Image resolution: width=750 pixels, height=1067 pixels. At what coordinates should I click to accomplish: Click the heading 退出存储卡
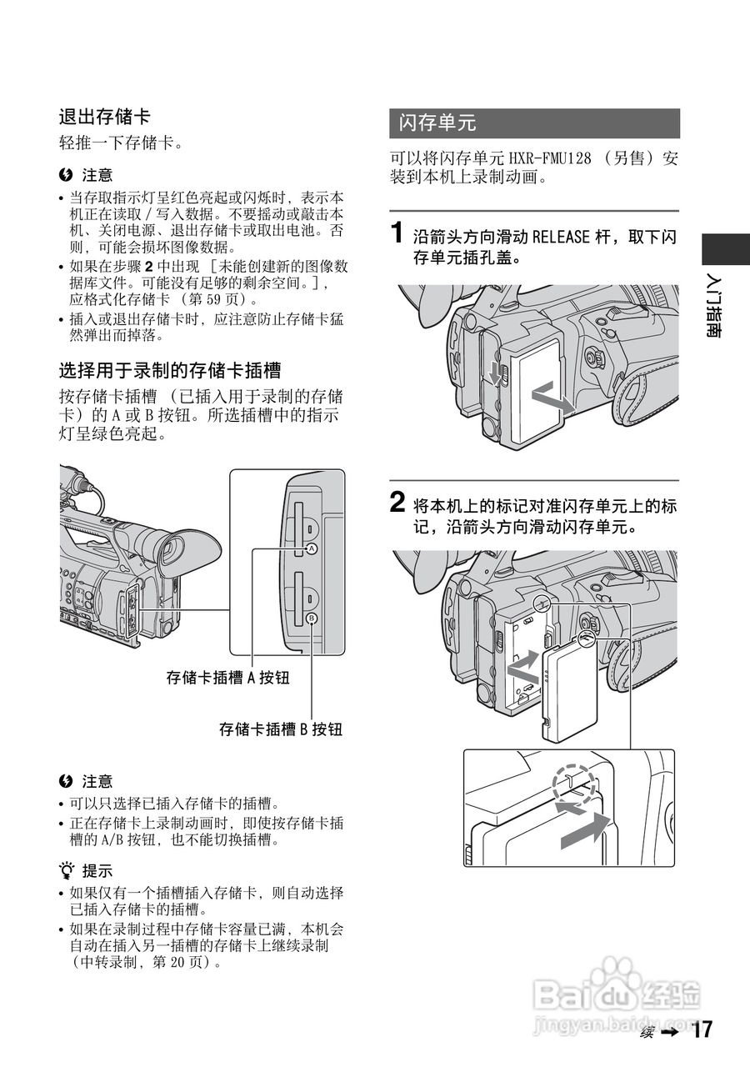(104, 117)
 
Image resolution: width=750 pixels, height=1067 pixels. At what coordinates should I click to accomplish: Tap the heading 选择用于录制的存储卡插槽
(169, 370)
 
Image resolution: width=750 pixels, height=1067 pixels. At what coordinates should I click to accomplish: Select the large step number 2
(399, 503)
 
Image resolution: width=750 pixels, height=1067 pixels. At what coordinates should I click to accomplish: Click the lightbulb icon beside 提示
(66, 872)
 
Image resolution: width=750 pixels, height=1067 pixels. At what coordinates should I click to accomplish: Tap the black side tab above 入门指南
(724, 250)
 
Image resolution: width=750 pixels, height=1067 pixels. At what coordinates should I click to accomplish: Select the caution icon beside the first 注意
(66, 175)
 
